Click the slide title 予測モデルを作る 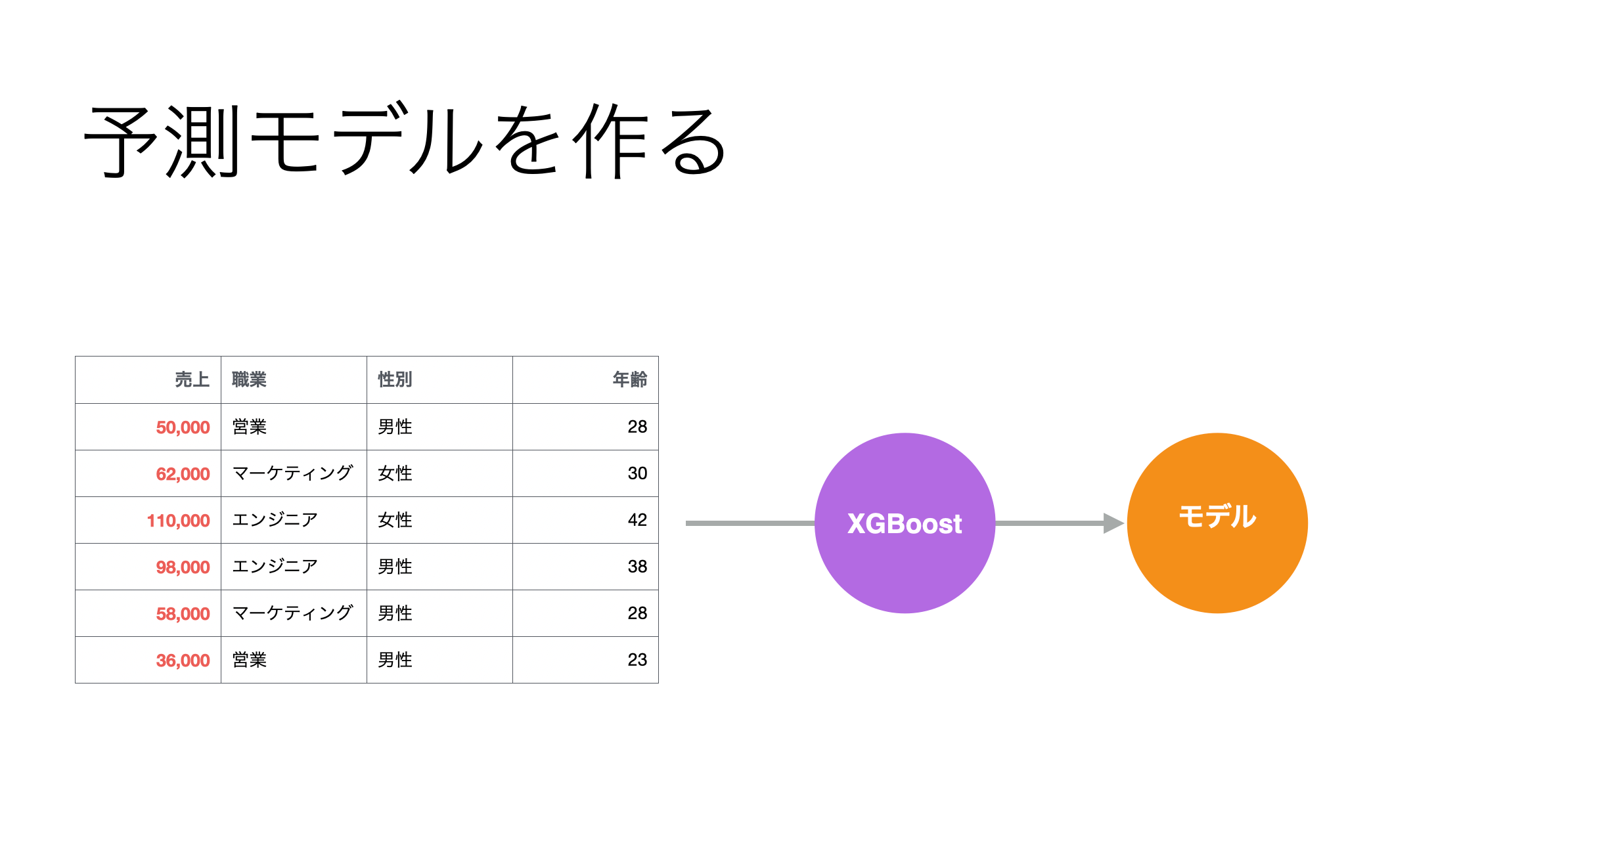tap(405, 141)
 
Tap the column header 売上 tap(192, 380)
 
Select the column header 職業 tap(249, 380)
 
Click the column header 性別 tap(395, 380)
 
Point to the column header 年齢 tap(629, 380)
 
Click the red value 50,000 tap(183, 427)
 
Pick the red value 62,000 tap(183, 474)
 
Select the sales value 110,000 tap(178, 521)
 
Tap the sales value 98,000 tap(183, 567)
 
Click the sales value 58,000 tap(183, 614)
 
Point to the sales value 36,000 tap(183, 661)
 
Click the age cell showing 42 tap(637, 520)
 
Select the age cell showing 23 tap(637, 660)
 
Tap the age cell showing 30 tap(637, 473)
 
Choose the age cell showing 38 tap(637, 567)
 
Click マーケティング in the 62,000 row tap(293, 473)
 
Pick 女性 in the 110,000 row tap(395, 520)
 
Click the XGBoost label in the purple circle tap(905, 524)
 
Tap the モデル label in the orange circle tap(1217, 516)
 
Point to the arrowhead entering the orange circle tap(1115, 523)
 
